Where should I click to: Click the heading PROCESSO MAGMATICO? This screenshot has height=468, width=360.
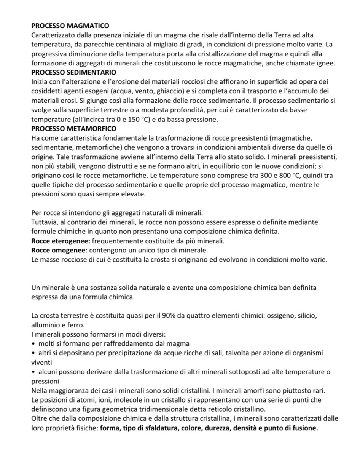70,26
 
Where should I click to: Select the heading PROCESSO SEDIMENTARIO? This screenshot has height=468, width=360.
74,72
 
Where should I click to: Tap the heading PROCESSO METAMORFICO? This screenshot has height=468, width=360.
74,129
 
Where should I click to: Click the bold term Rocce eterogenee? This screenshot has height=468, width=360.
61,241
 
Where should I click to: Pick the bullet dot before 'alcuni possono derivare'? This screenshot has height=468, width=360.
34,372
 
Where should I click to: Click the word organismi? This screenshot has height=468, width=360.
308,353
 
